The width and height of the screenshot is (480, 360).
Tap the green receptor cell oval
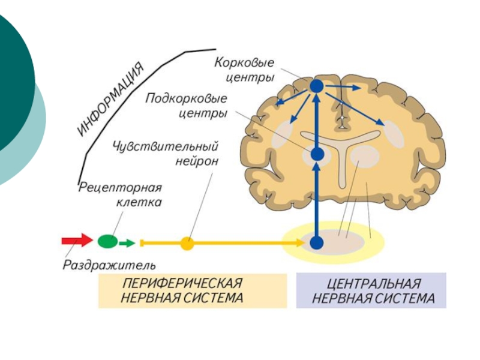(108, 242)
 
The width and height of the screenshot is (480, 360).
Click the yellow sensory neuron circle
(188, 243)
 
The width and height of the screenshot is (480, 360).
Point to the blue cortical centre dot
(317, 86)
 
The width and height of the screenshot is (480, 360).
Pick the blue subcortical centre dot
(317, 155)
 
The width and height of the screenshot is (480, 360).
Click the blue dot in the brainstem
(317, 243)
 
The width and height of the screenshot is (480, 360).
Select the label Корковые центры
(245, 70)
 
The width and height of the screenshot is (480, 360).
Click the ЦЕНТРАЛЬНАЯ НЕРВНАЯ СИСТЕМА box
(371, 290)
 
